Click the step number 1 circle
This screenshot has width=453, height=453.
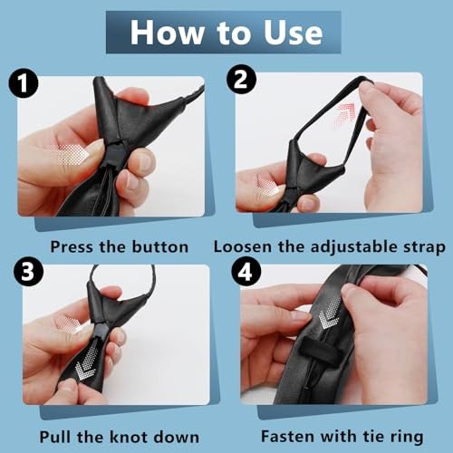point(24,82)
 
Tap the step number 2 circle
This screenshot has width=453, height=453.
point(241,80)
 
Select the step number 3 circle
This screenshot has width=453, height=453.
point(28,271)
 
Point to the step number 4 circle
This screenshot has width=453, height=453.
point(246,272)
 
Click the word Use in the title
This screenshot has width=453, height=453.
point(293,33)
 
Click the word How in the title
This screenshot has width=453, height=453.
point(167,33)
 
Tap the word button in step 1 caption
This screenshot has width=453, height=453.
point(160,246)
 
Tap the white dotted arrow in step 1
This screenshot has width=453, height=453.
point(70,154)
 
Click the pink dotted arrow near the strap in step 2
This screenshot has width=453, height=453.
point(344,117)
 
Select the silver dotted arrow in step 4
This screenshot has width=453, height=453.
point(331,313)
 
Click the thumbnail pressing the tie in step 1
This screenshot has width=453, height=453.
point(145,159)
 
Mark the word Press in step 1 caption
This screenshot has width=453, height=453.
point(72,247)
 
